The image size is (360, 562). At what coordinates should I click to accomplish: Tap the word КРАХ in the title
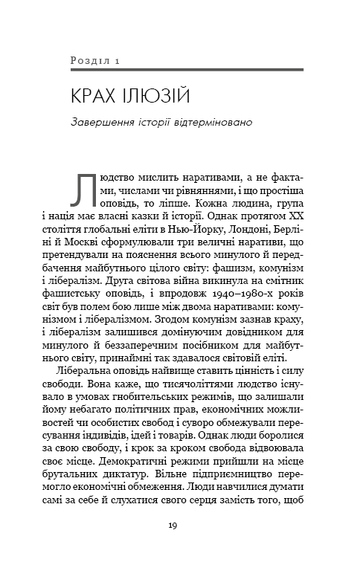tap(88, 96)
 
